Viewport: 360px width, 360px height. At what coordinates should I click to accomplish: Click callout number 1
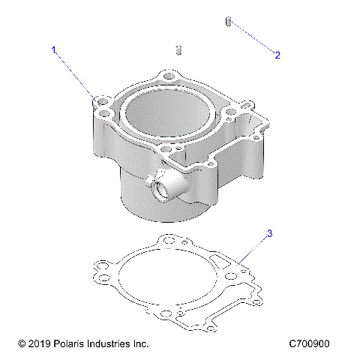coord(54,50)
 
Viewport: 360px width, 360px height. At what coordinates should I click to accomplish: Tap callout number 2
coord(277,55)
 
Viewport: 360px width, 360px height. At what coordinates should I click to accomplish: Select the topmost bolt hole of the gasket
coord(166,241)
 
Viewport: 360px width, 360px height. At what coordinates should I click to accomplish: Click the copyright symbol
coord(21,343)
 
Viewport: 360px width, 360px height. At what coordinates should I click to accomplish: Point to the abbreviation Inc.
coord(142,343)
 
